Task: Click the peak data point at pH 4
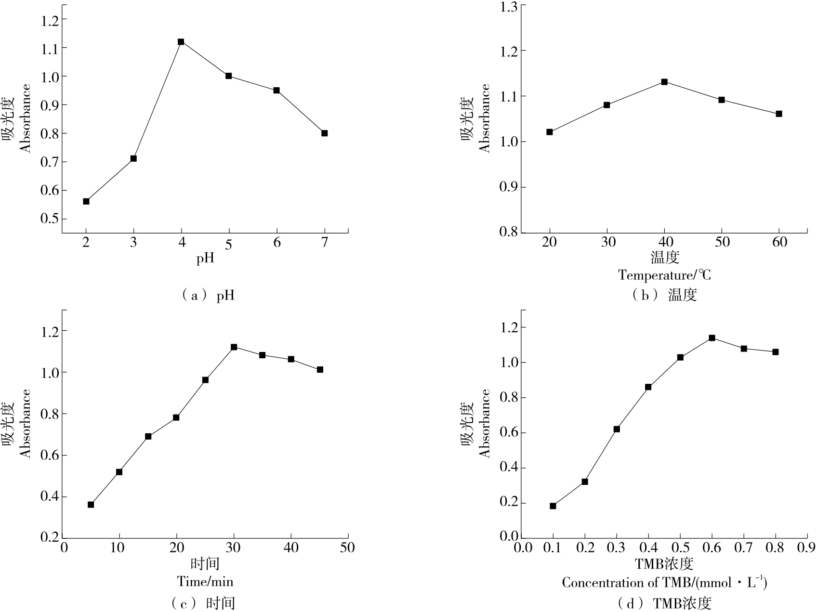[x=181, y=42]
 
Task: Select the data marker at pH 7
[x=324, y=133]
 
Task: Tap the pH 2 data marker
[x=86, y=201]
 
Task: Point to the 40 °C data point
[x=664, y=82]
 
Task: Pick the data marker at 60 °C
[x=779, y=114]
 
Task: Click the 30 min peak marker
[x=234, y=347]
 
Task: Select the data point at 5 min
[x=91, y=505]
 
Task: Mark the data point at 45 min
[x=320, y=370]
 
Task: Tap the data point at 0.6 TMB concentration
[x=712, y=338]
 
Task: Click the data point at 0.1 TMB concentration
[x=553, y=506]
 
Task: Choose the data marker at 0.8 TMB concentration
[x=776, y=352]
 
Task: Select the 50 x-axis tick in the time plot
[x=347, y=548]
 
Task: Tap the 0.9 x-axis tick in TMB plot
[x=807, y=548]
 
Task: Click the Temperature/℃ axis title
[x=665, y=275]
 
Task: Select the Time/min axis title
[x=205, y=582]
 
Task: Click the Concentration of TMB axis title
[x=664, y=583]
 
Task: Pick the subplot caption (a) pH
[x=208, y=295]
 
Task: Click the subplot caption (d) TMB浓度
[x=665, y=603]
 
